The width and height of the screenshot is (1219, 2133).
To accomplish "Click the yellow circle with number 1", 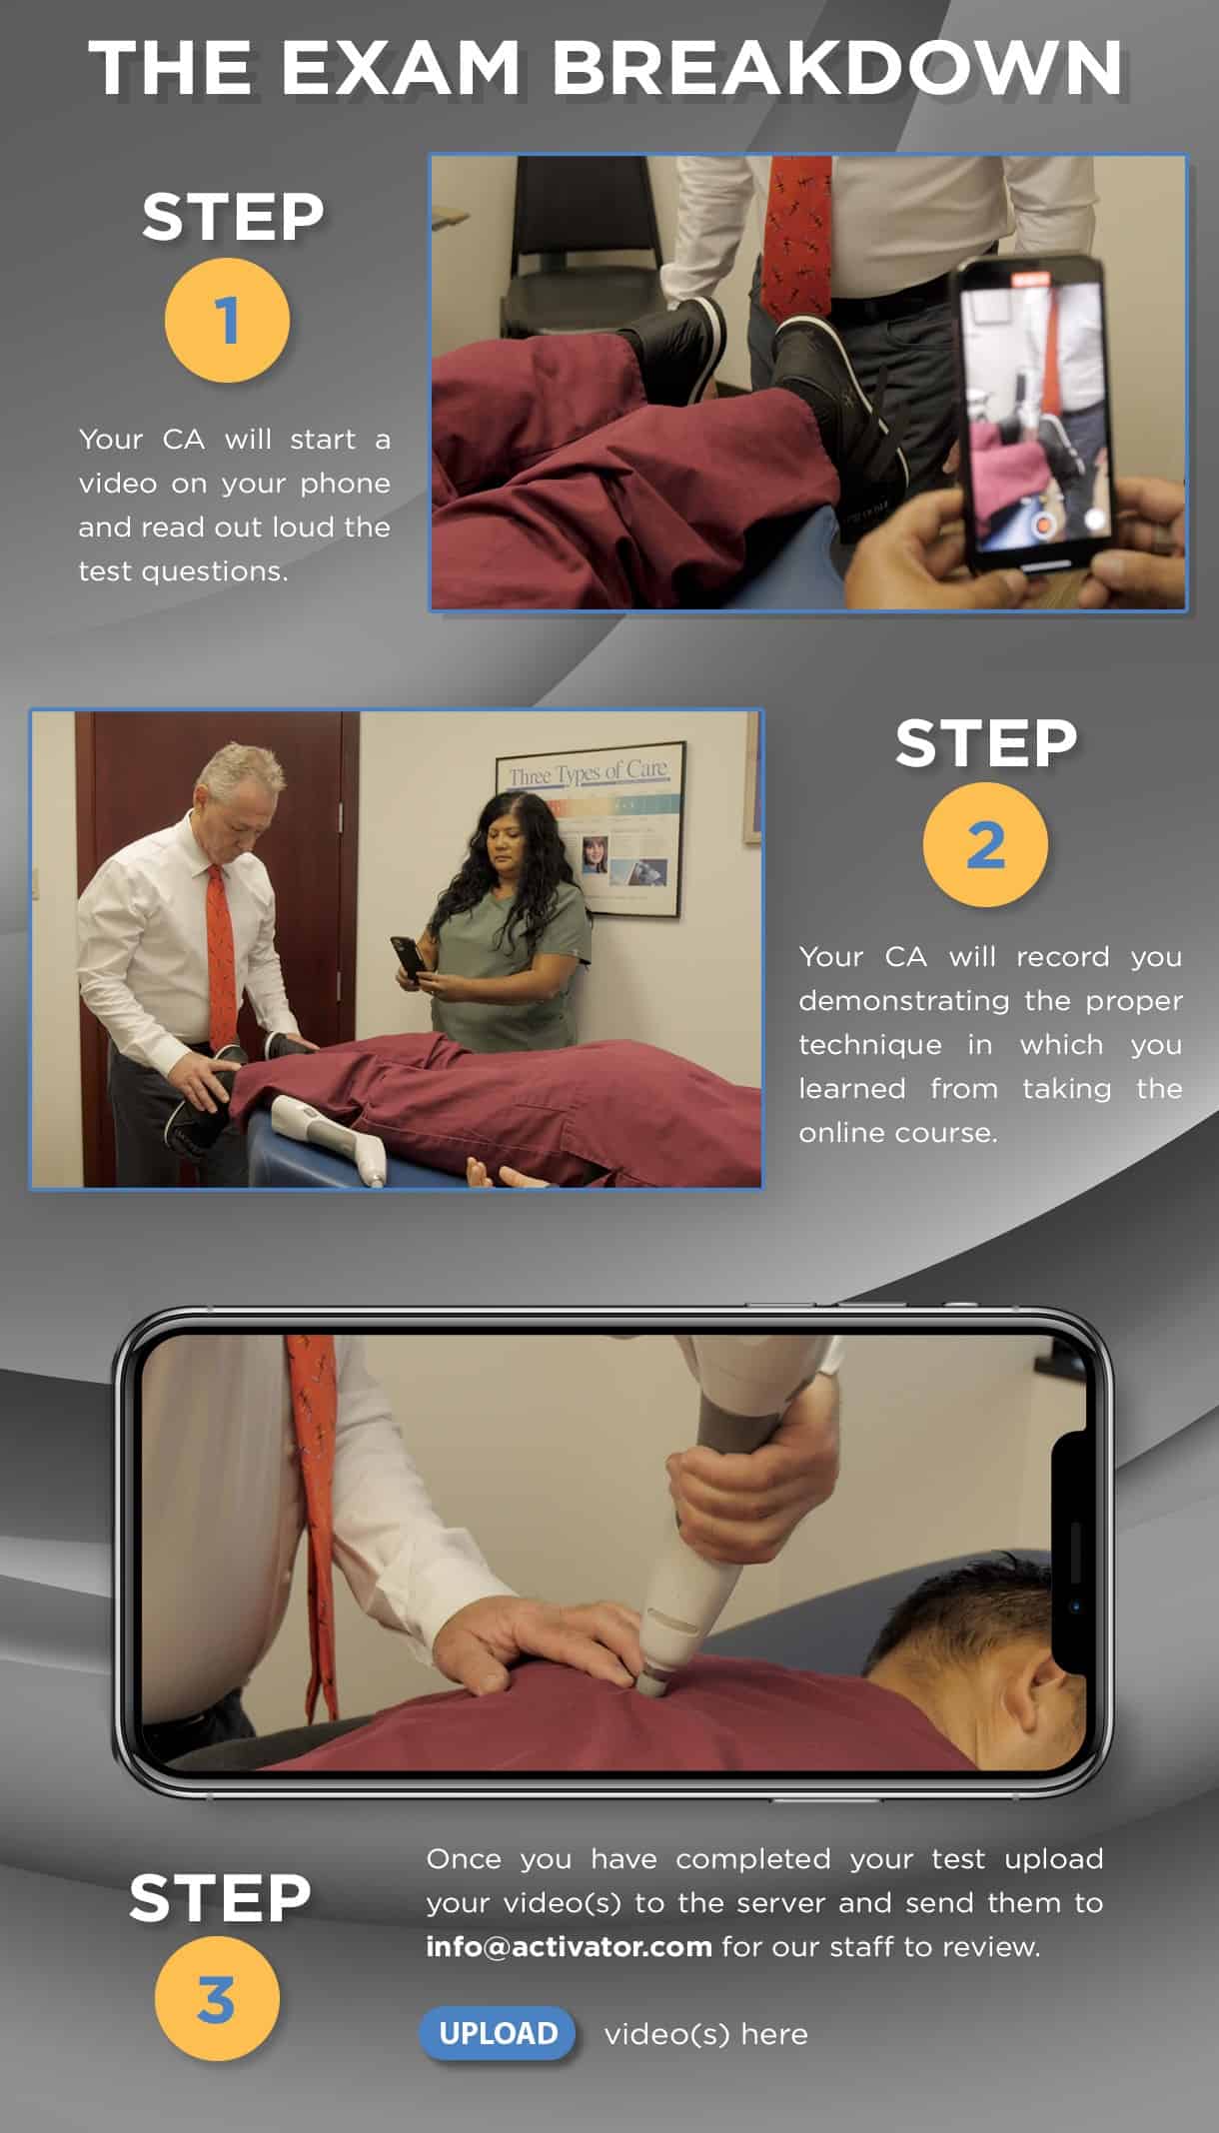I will pyautogui.click(x=227, y=321).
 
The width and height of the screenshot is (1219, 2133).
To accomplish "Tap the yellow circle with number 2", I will pyautogui.click(x=985, y=845).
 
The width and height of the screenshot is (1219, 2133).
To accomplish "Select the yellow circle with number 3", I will pyautogui.click(x=217, y=1999).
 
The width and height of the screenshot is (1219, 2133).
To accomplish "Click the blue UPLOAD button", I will pyautogui.click(x=498, y=2033).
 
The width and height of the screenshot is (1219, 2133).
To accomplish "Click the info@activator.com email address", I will pyautogui.click(x=569, y=1946).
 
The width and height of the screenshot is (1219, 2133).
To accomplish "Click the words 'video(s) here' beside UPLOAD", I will pyautogui.click(x=705, y=2033).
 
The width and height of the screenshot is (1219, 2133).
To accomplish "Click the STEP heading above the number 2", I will pyautogui.click(x=985, y=744).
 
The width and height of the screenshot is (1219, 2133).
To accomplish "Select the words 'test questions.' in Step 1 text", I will pyautogui.click(x=183, y=570).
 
